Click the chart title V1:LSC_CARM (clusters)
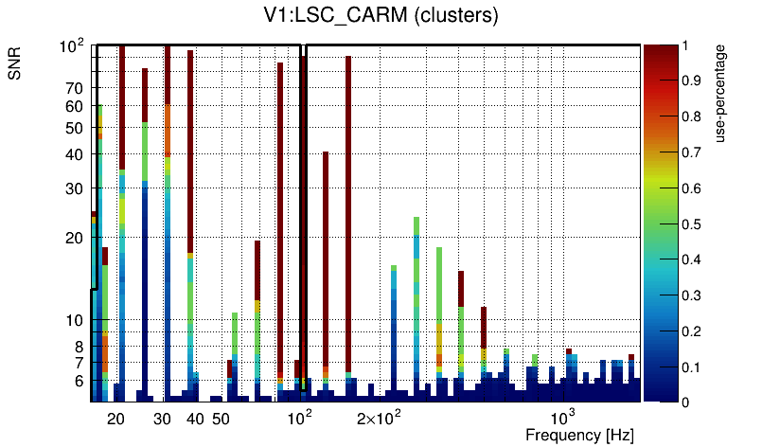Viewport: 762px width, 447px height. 381,16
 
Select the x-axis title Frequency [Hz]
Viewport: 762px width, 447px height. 579,435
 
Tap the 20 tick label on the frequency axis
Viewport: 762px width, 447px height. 116,419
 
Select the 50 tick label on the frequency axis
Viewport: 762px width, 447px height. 220,419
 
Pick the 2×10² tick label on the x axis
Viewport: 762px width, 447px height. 379,418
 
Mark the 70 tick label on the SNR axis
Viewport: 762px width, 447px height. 75,89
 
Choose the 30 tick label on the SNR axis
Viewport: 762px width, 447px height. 75,189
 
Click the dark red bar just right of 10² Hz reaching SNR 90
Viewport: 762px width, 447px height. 348,208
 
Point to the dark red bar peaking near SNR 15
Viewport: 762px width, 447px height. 461,288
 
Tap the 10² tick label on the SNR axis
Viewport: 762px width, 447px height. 72,45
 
